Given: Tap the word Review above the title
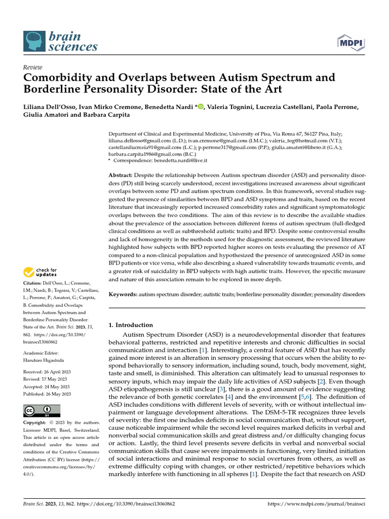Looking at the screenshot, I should click(x=33, y=67).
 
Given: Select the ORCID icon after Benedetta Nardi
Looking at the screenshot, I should click(x=200, y=106).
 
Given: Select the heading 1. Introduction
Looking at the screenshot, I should click(x=131, y=325).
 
